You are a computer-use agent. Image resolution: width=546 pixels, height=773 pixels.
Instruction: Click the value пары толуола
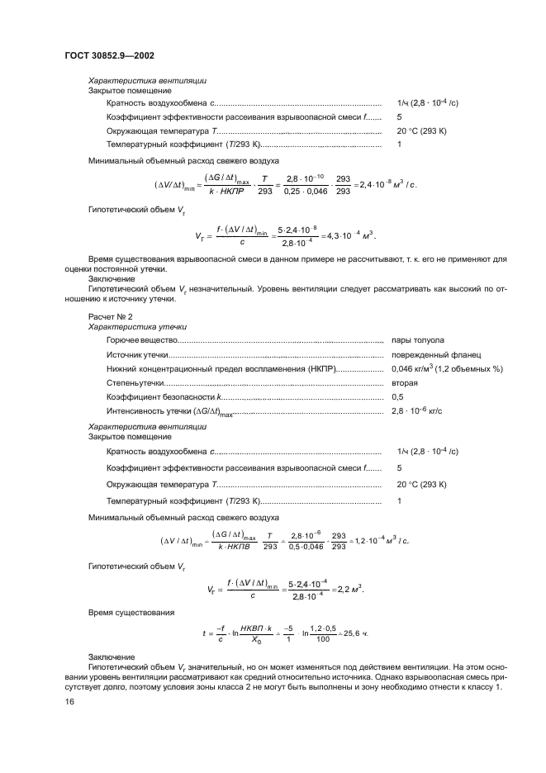click(x=420, y=340)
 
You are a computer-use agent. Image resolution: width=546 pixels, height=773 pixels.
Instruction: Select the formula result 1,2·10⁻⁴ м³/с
click(x=382, y=540)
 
